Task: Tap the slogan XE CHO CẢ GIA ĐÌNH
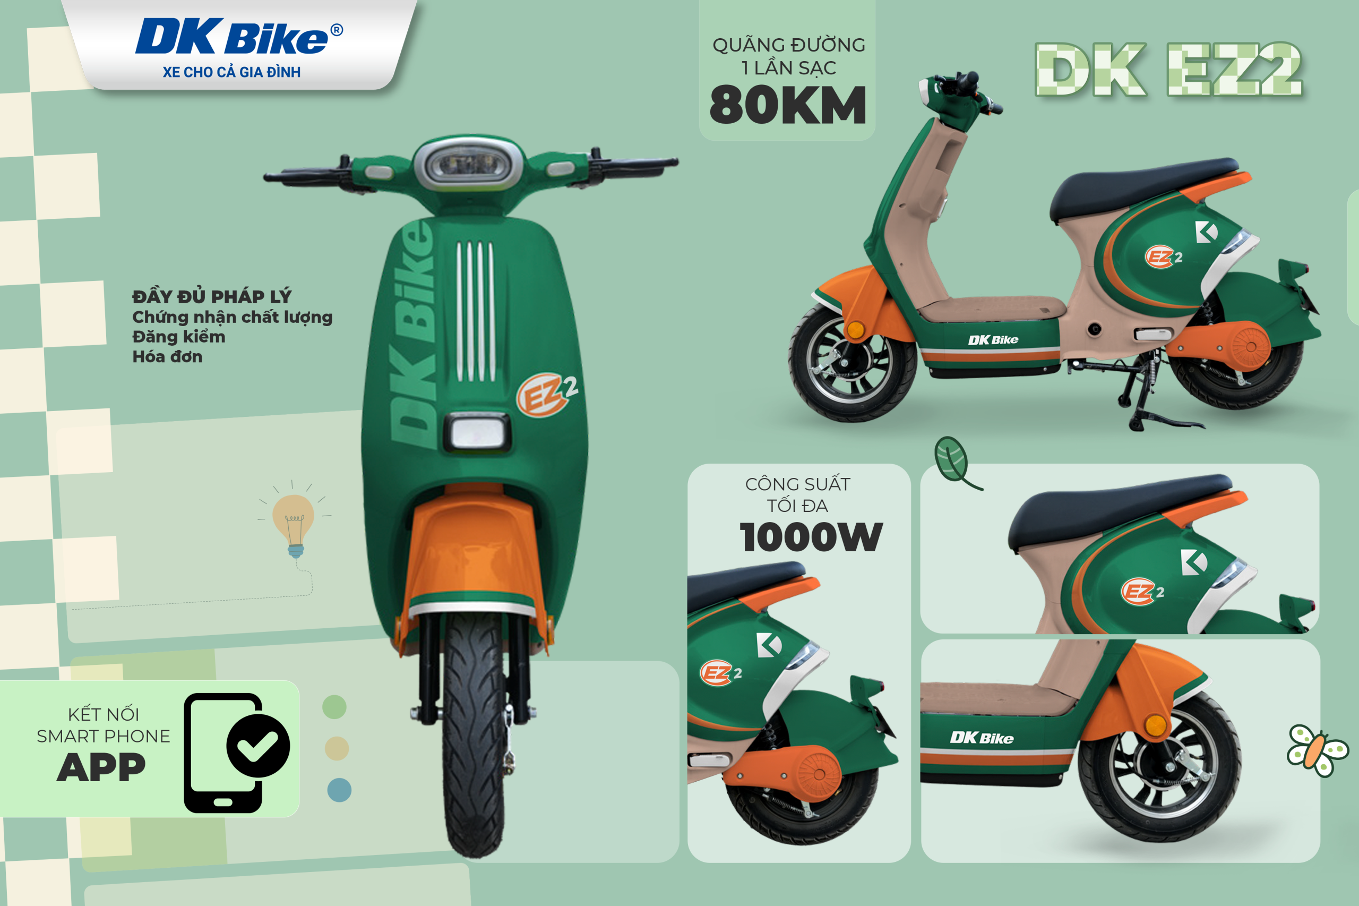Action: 231,72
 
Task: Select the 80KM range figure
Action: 788,105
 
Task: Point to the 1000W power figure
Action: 811,537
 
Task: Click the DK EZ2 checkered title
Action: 1168,70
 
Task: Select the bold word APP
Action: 101,767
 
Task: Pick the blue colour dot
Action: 339,790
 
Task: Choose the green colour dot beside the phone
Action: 334,707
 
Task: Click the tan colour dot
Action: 337,748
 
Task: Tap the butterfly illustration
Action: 1318,750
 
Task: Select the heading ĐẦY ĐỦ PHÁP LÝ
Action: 212,296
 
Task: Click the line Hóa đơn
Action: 168,356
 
